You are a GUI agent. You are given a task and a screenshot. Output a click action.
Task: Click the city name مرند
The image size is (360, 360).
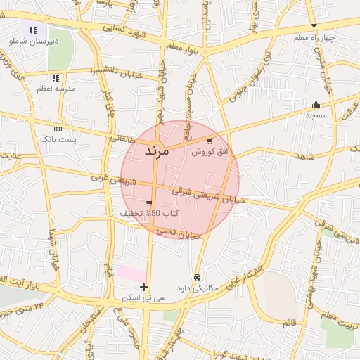pos(157,151)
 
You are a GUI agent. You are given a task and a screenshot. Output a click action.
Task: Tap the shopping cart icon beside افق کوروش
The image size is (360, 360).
pos(210,141)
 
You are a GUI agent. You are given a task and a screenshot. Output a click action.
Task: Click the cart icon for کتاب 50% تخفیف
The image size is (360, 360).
pos(148,202)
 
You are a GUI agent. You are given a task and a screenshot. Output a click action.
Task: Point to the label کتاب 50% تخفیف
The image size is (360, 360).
pos(148,213)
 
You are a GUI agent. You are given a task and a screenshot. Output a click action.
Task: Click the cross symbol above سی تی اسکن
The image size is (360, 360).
pos(144,287)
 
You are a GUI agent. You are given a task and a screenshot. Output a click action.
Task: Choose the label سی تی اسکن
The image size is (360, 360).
pos(143,298)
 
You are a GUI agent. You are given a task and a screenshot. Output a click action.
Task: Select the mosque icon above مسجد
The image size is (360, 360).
pos(316,104)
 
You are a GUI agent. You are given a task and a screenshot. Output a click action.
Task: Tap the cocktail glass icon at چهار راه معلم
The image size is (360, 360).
pos(314,27)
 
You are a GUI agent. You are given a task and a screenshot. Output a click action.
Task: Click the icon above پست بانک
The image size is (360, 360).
pos(58,129)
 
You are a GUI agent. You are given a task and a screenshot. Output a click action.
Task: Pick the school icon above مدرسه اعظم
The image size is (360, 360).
pos(55,78)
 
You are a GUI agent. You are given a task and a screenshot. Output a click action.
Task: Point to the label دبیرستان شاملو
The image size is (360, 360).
pos(34,41)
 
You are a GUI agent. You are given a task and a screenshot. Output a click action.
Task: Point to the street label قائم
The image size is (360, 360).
pos(289,323)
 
